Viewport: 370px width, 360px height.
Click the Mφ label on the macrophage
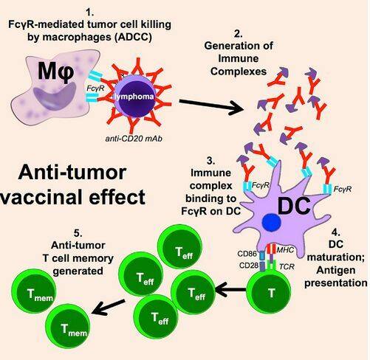(x=56, y=72)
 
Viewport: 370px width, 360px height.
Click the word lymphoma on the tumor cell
(x=134, y=97)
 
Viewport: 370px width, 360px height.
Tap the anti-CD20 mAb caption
(x=134, y=139)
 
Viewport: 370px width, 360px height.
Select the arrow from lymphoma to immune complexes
(x=211, y=105)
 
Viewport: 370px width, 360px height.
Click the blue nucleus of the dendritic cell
(x=271, y=222)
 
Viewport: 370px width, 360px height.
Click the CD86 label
(x=247, y=254)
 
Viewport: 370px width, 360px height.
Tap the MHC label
(x=285, y=250)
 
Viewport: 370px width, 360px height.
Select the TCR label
(x=287, y=266)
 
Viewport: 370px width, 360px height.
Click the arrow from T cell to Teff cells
(x=230, y=289)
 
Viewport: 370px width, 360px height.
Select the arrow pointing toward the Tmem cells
(x=109, y=308)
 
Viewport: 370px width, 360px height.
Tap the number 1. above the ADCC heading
(x=89, y=12)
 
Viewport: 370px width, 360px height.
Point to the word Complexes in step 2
(x=239, y=72)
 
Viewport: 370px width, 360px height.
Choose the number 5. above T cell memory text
(x=78, y=232)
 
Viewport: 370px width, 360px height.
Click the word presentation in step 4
(x=336, y=283)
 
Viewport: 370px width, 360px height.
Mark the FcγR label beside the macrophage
(x=95, y=88)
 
